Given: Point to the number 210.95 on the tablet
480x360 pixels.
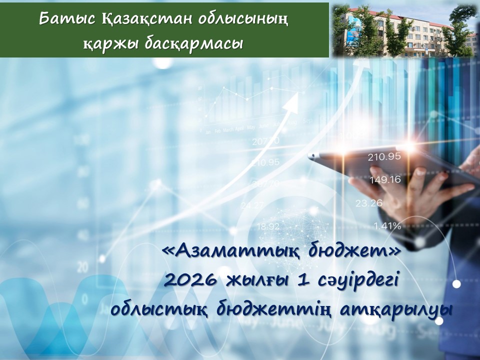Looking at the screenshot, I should pos(384,156).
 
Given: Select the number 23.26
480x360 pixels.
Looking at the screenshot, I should pos(369,203).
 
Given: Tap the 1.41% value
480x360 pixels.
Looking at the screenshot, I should pos(387,225).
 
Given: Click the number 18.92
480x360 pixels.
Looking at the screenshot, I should pos(268,226).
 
